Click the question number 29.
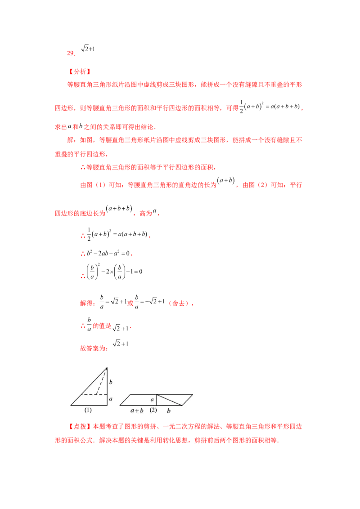point(71,53)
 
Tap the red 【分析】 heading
point(80,71)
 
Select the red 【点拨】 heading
point(80,427)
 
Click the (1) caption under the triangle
point(88,410)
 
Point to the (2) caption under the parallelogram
point(153,410)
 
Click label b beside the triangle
point(111,382)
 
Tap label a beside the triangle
point(111,399)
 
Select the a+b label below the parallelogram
point(137,411)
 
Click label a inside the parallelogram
point(152,400)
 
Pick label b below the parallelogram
point(169,411)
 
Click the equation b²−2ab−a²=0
point(108,253)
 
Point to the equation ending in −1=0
point(114,272)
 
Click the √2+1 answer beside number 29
point(88,49)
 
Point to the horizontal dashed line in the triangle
point(94,394)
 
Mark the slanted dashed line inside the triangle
point(102,381)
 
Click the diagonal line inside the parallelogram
point(169,400)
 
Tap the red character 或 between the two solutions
point(130,303)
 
